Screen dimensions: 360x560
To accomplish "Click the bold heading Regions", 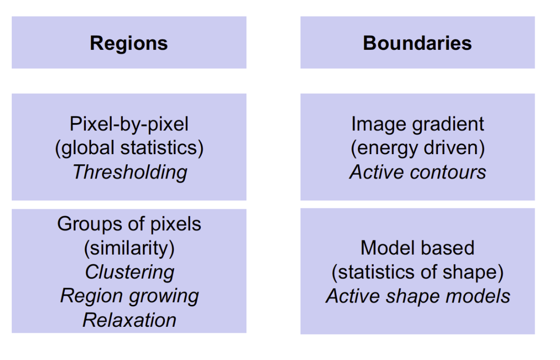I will (129, 43).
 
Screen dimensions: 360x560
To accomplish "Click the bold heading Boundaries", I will (418, 43).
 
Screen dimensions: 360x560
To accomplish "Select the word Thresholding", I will (129, 172).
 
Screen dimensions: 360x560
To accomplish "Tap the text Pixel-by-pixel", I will (129, 124).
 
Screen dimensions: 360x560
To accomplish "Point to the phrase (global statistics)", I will (129, 148).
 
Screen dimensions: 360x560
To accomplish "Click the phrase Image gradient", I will (418, 124).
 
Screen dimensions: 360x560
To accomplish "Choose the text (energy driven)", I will (418, 148).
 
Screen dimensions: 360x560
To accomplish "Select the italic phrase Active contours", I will (418, 172).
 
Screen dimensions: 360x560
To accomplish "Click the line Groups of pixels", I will (129, 224).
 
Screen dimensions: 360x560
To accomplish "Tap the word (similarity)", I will (129, 248).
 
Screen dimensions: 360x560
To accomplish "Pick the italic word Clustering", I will (129, 272).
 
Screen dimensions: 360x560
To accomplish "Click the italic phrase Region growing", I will (129, 296).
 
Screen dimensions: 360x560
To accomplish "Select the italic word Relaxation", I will (129, 320).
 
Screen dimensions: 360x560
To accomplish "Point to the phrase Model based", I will (418, 248).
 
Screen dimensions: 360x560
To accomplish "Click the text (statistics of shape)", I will (418, 272).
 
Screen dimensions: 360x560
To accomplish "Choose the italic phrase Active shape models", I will (418, 296).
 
